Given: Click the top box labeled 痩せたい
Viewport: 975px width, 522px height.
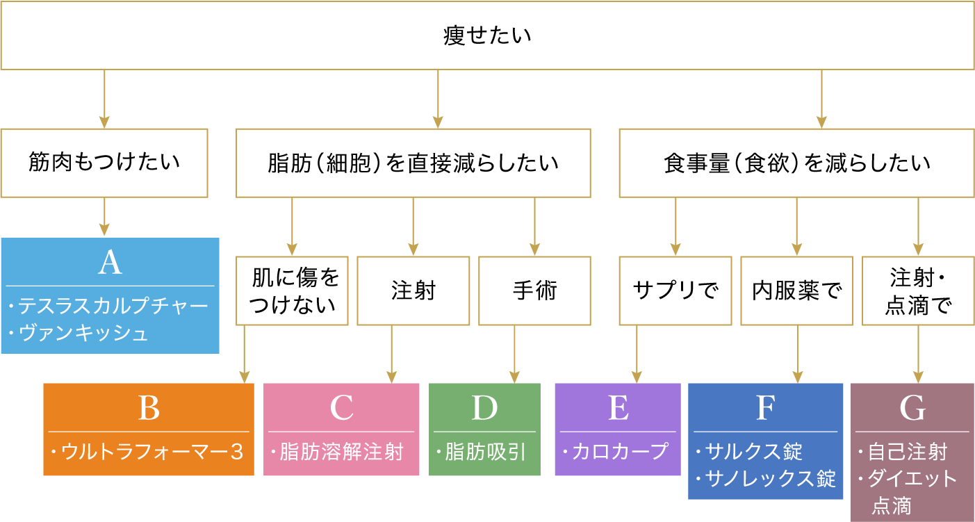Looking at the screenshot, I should pos(487,35).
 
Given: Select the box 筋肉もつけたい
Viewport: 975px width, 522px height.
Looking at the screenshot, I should pos(104,163).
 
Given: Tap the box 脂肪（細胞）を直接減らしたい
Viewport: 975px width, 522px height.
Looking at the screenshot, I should pos(413,163).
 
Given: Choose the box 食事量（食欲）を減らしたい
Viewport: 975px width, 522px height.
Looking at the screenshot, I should pos(796,163).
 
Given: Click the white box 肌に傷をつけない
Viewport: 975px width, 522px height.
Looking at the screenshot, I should pos(292,291).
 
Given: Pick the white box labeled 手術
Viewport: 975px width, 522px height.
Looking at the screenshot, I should pos(534,291).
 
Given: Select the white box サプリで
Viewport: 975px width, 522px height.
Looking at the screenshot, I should pos(675,291).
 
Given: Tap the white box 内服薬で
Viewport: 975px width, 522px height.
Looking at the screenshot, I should pos(796,291).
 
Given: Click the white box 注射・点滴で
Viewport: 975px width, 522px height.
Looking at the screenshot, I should pos(918,291).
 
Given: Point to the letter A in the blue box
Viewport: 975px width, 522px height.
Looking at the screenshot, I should pos(110,263).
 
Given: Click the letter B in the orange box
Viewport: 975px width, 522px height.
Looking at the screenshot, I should pos(149,408).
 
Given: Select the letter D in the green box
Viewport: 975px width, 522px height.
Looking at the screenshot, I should pos(484,408).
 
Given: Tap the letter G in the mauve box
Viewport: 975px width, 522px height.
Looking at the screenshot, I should pos(912,408).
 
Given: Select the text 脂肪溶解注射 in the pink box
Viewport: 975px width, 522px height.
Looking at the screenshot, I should pos(341,452).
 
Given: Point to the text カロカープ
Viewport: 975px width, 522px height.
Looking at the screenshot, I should pos(619,452).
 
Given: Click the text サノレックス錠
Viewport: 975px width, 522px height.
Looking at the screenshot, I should pos(770,478).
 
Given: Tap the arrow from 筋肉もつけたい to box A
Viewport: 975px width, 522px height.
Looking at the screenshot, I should pos(104,218).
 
